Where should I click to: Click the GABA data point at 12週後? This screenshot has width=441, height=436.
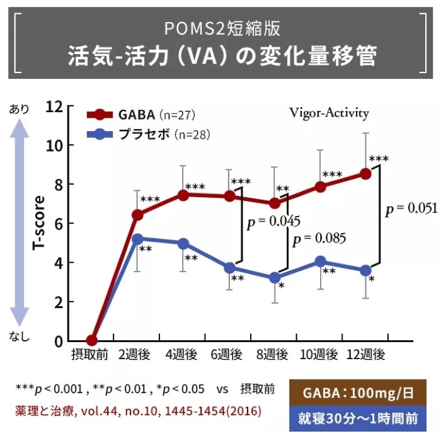(365, 173)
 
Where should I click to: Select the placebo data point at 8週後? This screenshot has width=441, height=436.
(275, 277)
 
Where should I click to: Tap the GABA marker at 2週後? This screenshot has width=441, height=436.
(137, 215)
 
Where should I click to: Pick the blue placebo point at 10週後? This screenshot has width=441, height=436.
(320, 261)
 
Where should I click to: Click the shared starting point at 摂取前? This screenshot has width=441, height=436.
(92, 341)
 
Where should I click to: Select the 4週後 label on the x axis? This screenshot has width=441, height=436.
(183, 355)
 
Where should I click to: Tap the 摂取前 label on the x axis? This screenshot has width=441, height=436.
(92, 355)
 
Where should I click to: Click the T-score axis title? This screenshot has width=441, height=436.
(38, 223)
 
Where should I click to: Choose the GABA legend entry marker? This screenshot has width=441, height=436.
(100, 115)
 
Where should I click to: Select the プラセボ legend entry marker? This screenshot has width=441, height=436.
(100, 134)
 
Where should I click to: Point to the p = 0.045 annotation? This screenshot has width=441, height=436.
(273, 221)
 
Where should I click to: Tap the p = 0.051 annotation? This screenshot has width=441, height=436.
(411, 209)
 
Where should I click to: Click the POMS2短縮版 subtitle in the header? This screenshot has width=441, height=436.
(220, 28)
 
